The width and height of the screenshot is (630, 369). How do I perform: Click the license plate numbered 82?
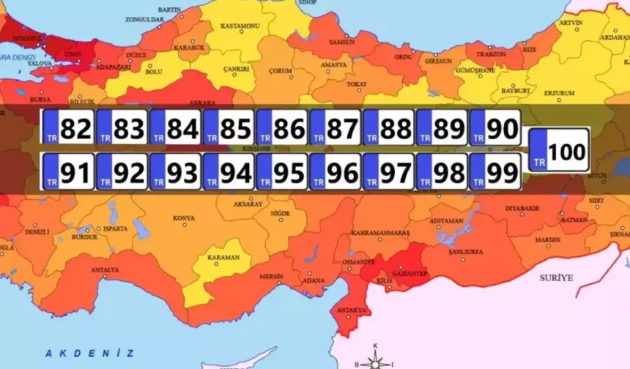pyautogui.click(x=68, y=128)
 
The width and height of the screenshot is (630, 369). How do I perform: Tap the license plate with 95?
pyautogui.click(x=282, y=173)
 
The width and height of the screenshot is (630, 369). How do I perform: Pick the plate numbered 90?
pyautogui.click(x=495, y=128)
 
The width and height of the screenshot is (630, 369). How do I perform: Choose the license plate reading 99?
pyautogui.click(x=495, y=173)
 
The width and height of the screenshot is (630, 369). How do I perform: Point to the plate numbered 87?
pyautogui.click(x=336, y=128)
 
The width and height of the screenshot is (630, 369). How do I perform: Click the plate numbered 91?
pyautogui.click(x=68, y=173)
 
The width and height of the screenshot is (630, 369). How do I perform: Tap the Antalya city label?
pyautogui.click(x=105, y=270)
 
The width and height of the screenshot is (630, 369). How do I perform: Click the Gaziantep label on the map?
pyautogui.click(x=411, y=272)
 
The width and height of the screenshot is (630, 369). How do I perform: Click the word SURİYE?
pyautogui.click(x=556, y=278)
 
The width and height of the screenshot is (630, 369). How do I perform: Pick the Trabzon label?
pyautogui.click(x=490, y=54)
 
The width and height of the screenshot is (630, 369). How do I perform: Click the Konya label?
pyautogui.click(x=183, y=218)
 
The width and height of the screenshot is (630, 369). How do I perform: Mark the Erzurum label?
pyautogui.click(x=559, y=93)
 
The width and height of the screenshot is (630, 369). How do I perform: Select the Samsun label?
pyautogui.click(x=341, y=42)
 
